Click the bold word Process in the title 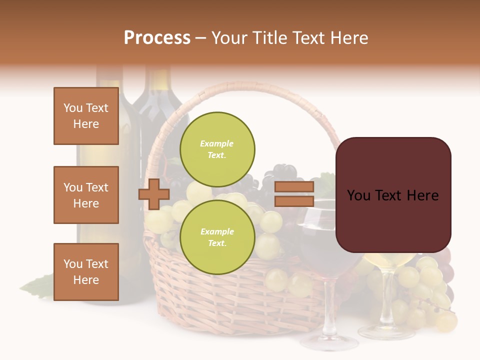[157, 38]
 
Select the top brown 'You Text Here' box [86, 116]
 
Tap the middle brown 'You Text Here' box [86, 195]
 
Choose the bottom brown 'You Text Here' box [86, 272]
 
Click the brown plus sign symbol [154, 193]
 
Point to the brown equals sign [294, 194]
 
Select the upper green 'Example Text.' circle [217, 149]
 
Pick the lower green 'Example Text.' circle [217, 237]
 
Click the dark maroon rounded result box [393, 195]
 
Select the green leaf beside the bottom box [37, 287]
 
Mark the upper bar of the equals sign [294, 187]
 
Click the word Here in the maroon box [422, 195]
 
